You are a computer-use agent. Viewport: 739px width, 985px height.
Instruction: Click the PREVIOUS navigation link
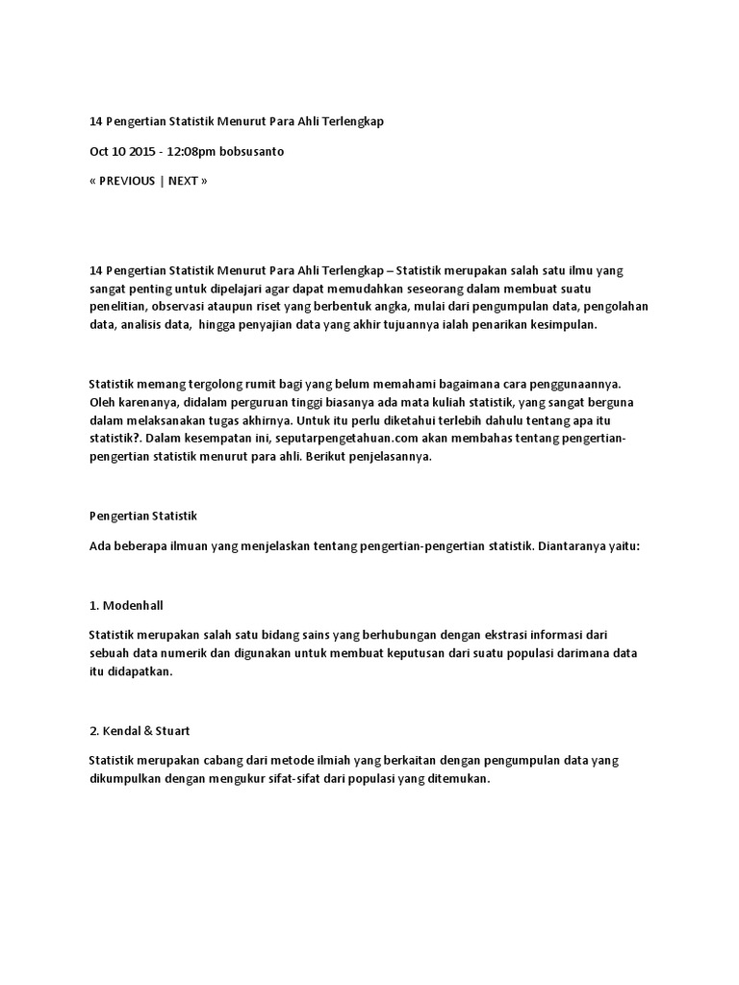pyautogui.click(x=127, y=181)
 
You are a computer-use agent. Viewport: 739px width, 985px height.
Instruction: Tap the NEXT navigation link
pyautogui.click(x=184, y=181)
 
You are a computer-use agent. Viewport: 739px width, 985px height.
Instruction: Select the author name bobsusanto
pyautogui.click(x=252, y=152)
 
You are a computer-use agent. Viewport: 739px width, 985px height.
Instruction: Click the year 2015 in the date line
pyautogui.click(x=140, y=152)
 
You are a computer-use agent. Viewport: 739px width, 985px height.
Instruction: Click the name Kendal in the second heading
pyautogui.click(x=125, y=731)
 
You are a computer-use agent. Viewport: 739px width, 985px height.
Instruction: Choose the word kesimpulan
pyautogui.click(x=563, y=325)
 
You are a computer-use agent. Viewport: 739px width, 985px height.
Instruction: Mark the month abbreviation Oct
pyautogui.click(x=100, y=152)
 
